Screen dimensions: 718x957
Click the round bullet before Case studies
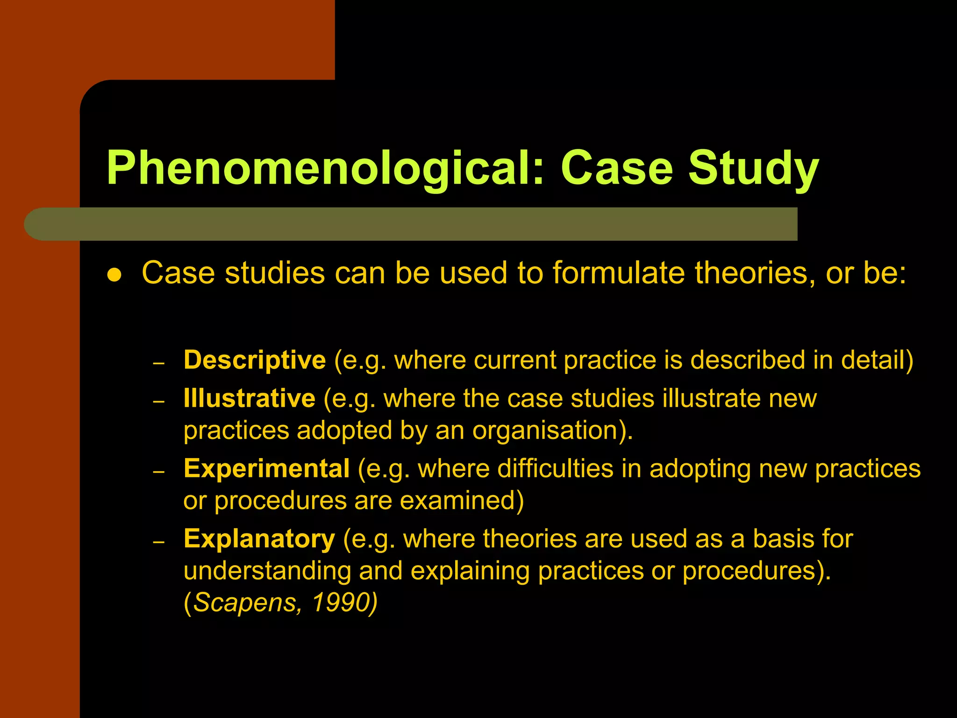[x=114, y=275]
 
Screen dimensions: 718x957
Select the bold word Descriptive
[x=255, y=360]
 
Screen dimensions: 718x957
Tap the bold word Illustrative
[x=250, y=399]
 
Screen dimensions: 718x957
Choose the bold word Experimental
[x=266, y=469]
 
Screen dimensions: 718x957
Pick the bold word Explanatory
[x=259, y=539]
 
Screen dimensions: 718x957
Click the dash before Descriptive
[x=159, y=363]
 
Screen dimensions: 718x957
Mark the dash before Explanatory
[x=159, y=542]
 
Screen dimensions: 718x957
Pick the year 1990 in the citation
[x=341, y=603]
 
